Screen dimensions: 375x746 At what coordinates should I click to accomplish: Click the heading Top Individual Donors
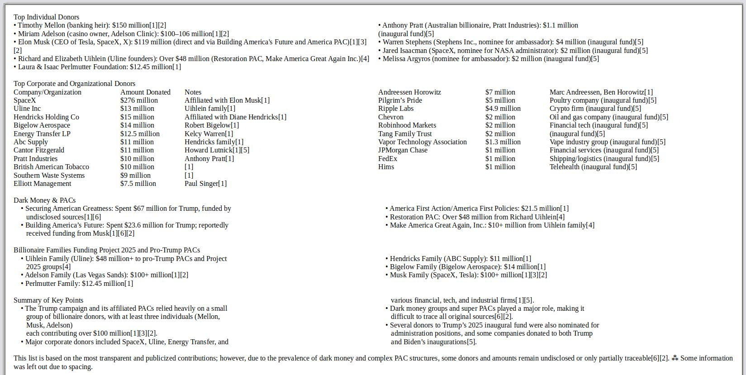click(46, 17)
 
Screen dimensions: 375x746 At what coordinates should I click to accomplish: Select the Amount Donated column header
click(145, 92)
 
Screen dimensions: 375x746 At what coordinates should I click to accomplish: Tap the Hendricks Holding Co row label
click(46, 117)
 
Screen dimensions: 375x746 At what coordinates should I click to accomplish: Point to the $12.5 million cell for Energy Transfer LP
click(140, 134)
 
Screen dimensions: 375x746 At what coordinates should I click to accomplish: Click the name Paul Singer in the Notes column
click(201, 184)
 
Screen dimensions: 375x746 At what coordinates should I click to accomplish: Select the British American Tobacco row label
click(51, 167)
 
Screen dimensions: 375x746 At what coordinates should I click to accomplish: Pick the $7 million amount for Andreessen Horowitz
click(500, 92)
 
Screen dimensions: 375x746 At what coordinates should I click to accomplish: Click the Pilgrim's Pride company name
click(400, 100)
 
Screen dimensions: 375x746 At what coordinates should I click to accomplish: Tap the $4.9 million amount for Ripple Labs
click(503, 109)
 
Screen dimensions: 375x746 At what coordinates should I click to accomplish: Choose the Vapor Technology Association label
click(422, 142)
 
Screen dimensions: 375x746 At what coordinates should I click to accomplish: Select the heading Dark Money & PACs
click(44, 200)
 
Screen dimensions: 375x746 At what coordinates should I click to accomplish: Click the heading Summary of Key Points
click(48, 300)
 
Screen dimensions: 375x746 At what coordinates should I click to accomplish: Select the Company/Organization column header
click(48, 92)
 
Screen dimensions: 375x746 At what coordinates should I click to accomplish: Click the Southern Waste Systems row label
click(49, 176)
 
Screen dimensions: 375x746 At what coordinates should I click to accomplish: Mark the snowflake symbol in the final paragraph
click(675, 358)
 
